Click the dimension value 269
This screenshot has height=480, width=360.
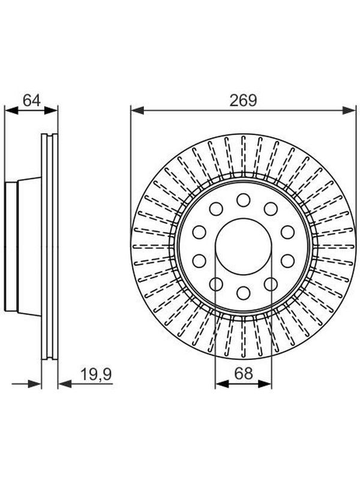pos(244,100)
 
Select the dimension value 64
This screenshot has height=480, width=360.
pos(32,100)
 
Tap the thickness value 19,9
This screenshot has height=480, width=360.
pos(96,374)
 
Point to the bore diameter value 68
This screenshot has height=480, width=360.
pos(244,373)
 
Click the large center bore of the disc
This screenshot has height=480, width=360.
pos(244,247)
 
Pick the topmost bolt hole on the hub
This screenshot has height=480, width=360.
pos(244,200)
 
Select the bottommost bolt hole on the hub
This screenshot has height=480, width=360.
pos(244,293)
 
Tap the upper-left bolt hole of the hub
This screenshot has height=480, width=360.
pos(216,209)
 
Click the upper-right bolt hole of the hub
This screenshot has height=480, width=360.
pos(271,209)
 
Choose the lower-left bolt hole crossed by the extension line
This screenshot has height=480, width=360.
pos(216,284)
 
